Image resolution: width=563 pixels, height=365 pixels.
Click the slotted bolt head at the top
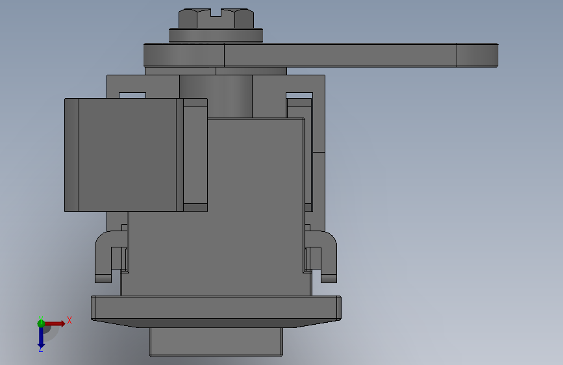coord(216,19)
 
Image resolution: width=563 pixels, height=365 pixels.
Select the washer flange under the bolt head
coord(216,36)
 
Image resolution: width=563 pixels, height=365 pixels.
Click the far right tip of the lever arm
coord(498,55)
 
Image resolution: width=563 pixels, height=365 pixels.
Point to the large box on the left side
coord(124,155)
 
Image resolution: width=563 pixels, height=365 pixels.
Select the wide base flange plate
coord(216,311)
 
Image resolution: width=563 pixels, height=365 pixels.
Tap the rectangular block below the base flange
coord(216,341)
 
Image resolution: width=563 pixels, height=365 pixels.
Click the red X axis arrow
coord(54,323)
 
